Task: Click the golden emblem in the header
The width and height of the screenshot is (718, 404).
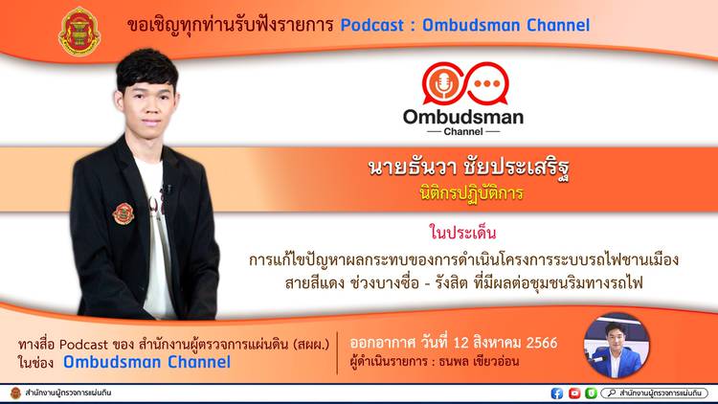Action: (x=79, y=32)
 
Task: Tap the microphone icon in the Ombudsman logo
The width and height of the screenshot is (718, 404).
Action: (x=443, y=84)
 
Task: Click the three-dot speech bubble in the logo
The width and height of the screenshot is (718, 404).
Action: (x=486, y=84)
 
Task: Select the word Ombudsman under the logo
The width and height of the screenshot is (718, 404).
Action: (x=463, y=117)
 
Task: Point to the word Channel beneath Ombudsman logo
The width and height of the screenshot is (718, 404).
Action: (x=463, y=131)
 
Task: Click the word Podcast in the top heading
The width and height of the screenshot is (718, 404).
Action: (x=371, y=25)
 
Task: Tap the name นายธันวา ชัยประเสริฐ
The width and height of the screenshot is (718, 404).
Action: (x=468, y=169)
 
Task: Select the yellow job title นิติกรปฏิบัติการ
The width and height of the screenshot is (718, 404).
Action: (x=471, y=193)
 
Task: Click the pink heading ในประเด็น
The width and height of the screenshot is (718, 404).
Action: (x=462, y=233)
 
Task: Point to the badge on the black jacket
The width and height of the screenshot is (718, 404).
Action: (x=123, y=213)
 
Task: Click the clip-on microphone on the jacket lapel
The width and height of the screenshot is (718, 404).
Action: (x=168, y=189)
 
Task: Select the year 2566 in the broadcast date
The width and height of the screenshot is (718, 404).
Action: (x=542, y=343)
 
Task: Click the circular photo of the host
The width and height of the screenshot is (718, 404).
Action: (x=617, y=346)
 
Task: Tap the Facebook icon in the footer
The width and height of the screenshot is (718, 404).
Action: (x=557, y=393)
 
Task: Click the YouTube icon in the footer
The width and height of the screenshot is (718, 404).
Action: (x=574, y=393)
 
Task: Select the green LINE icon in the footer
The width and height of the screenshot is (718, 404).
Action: (x=592, y=393)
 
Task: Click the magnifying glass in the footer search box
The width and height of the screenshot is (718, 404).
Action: (x=612, y=393)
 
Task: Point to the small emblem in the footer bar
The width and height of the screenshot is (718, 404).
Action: (x=15, y=393)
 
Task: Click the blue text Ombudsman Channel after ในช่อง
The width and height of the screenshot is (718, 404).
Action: (x=147, y=362)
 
